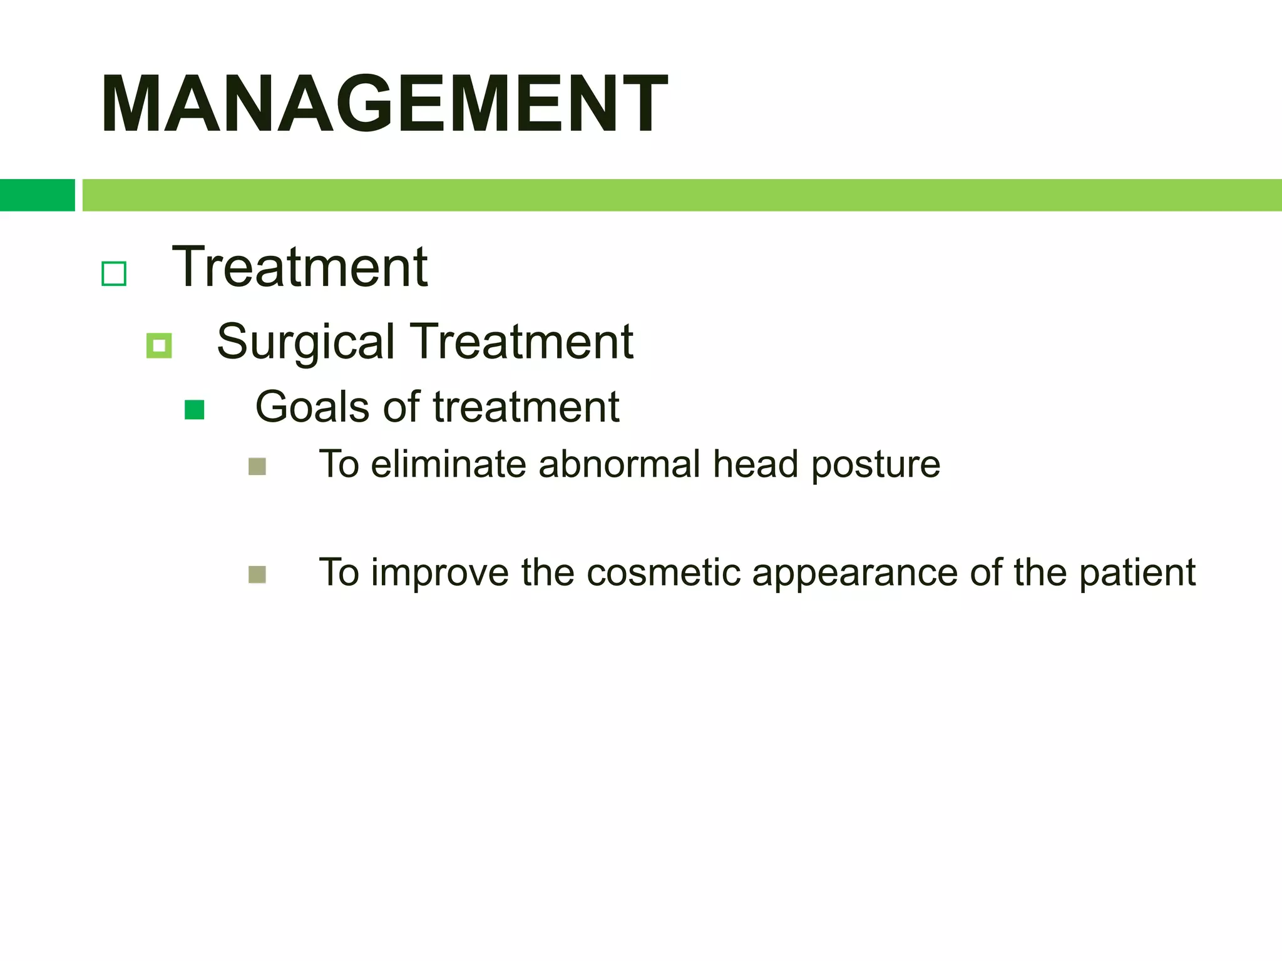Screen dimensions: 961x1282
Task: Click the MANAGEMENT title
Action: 384,104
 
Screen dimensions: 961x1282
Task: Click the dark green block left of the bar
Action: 37,195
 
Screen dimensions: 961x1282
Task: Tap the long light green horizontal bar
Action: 681,195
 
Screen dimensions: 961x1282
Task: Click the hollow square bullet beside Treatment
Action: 114,273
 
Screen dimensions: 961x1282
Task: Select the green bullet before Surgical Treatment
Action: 159,345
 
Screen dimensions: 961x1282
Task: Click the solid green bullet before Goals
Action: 195,410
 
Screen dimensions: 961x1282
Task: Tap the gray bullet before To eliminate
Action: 257,467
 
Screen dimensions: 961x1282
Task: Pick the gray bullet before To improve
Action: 257,574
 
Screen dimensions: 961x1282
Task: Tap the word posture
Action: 876,465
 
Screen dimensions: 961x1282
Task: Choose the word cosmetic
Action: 662,572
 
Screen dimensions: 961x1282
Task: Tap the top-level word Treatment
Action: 300,268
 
